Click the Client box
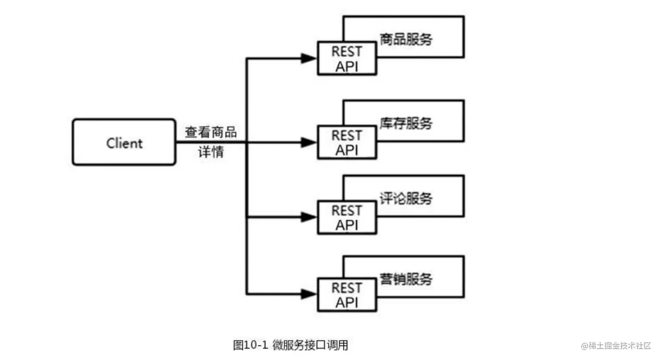pos(124,142)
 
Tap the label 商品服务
pos(406,39)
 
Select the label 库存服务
pos(406,123)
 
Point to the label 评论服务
pos(406,199)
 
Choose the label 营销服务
pos(406,279)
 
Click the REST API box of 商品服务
pos(347,59)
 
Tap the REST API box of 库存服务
pos(347,143)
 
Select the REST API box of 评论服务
pos(347,218)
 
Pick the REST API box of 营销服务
pos(347,295)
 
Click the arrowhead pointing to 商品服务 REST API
pos(309,58)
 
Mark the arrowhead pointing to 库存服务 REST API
pos(309,142)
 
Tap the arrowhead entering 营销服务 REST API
pos(309,294)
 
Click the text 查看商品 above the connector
pos(211,132)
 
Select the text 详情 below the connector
pos(211,152)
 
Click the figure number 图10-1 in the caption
pos(250,345)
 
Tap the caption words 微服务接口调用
pos(310,345)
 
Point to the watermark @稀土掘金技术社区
pos(616,346)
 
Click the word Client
pos(124,143)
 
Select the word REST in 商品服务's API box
pos(347,52)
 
